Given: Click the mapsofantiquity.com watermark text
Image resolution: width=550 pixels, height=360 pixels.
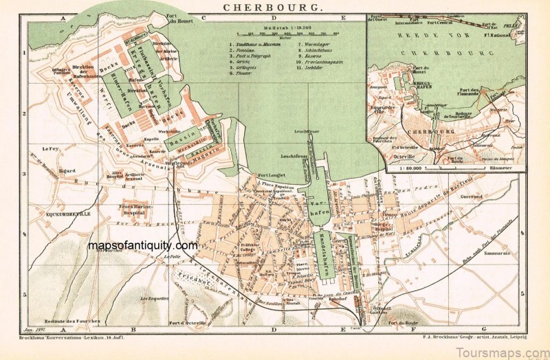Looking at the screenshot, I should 142,245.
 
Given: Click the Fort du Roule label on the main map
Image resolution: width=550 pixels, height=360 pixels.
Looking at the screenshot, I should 402,324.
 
